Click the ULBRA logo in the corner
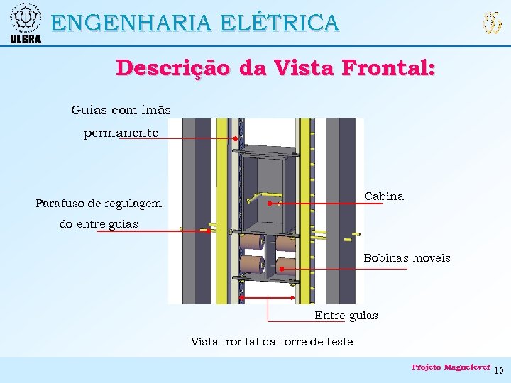(26, 22)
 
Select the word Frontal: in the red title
(388, 68)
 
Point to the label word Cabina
(384, 196)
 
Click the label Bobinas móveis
(407, 257)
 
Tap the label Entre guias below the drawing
(346, 315)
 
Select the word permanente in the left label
(121, 133)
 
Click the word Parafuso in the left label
(60, 204)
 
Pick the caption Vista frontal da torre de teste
(272, 341)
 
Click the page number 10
(498, 370)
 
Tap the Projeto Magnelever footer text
(451, 367)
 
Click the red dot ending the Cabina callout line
(270, 204)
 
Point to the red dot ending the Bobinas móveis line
(281, 269)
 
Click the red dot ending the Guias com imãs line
(235, 139)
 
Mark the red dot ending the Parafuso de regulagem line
(209, 230)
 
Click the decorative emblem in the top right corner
(492, 23)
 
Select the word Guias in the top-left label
(87, 110)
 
